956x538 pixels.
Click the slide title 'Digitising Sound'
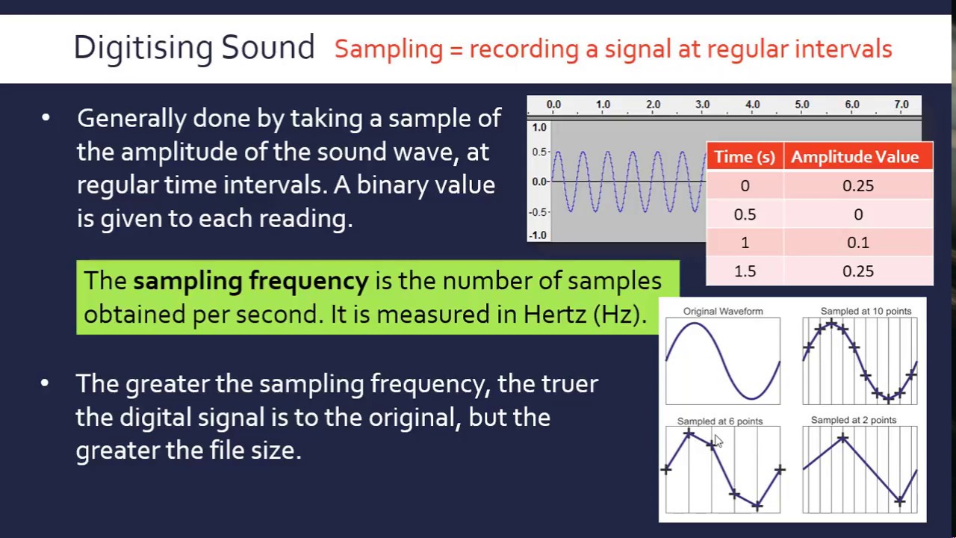click(193, 48)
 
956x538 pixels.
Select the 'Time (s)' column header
click(744, 157)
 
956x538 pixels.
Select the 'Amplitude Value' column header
click(854, 157)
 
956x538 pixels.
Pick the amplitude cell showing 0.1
click(857, 243)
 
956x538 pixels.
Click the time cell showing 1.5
click(745, 271)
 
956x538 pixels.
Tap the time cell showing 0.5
click(745, 214)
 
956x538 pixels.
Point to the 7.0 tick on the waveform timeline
click(901, 105)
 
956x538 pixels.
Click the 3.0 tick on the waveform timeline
click(702, 105)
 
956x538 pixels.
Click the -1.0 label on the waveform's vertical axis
click(538, 235)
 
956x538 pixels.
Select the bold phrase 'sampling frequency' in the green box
click(250, 281)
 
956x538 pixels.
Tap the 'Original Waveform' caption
click(722, 311)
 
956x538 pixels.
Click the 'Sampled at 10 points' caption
click(866, 311)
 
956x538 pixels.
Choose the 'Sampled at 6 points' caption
click(719, 421)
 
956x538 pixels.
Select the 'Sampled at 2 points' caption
click(853, 420)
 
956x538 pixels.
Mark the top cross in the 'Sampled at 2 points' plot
click(842, 439)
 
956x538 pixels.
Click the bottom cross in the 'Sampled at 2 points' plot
click(900, 501)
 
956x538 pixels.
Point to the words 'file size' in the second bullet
click(254, 451)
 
